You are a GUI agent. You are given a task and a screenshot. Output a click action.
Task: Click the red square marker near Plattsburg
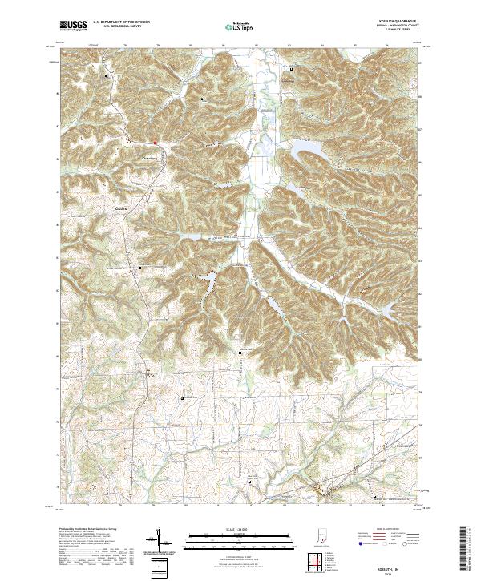click(156, 144)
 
